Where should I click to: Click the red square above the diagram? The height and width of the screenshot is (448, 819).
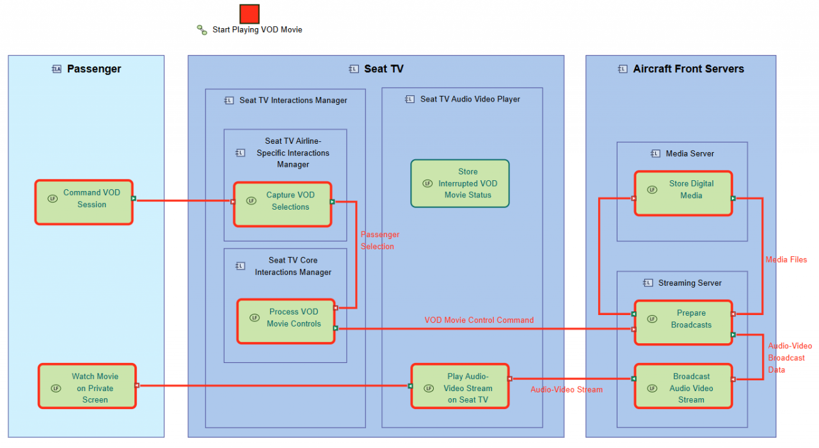[x=250, y=14]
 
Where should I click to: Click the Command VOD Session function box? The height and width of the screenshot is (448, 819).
[x=84, y=202]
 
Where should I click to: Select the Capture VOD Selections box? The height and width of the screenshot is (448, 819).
[x=283, y=205]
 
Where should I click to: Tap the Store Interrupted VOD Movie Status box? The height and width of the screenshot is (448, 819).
[x=460, y=183]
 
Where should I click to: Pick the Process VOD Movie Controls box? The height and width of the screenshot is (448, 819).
[x=286, y=321]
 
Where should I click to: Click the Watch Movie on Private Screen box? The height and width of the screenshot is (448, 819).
[x=88, y=386]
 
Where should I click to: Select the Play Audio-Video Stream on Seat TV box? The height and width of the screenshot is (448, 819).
[x=460, y=386]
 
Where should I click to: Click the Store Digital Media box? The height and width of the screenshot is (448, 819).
[x=683, y=193]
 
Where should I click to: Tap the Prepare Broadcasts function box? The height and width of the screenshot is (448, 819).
[x=683, y=322]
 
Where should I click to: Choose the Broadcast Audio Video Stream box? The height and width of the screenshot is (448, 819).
[x=683, y=386]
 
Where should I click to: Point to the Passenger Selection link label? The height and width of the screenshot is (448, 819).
[x=380, y=240]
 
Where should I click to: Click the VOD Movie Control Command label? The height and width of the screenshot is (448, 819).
[x=479, y=320]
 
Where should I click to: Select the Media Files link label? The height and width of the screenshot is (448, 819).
[x=786, y=259]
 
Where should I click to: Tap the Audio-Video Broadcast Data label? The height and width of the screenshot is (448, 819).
[x=790, y=357]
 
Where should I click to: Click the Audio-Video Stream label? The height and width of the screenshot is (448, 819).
[x=566, y=390]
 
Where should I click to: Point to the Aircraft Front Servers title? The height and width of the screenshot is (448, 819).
[x=688, y=68]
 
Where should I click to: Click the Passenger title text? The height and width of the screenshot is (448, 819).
[x=94, y=68]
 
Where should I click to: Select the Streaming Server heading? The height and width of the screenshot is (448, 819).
[x=690, y=283]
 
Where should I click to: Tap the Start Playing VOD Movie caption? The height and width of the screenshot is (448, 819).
[x=257, y=29]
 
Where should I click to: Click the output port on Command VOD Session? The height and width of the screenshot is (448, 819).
[x=134, y=198]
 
